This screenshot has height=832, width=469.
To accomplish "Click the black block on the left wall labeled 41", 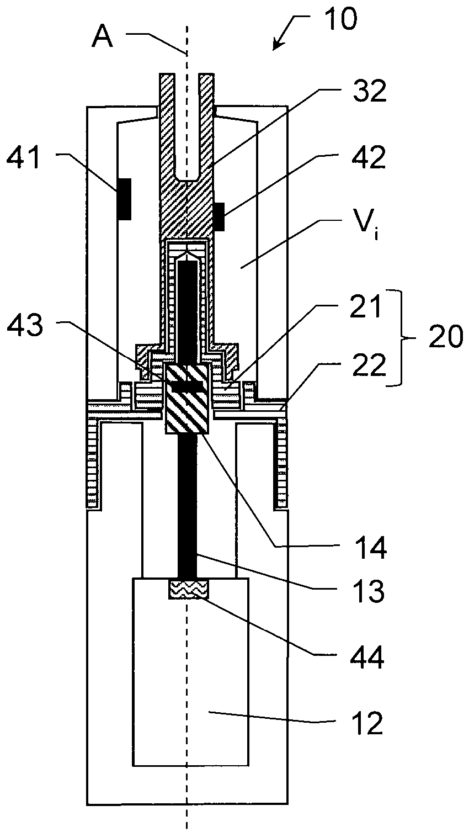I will click(x=124, y=199).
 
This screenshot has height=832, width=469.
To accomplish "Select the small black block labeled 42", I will click(x=219, y=216).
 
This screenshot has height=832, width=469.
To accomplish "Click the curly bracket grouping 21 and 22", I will click(x=403, y=337).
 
